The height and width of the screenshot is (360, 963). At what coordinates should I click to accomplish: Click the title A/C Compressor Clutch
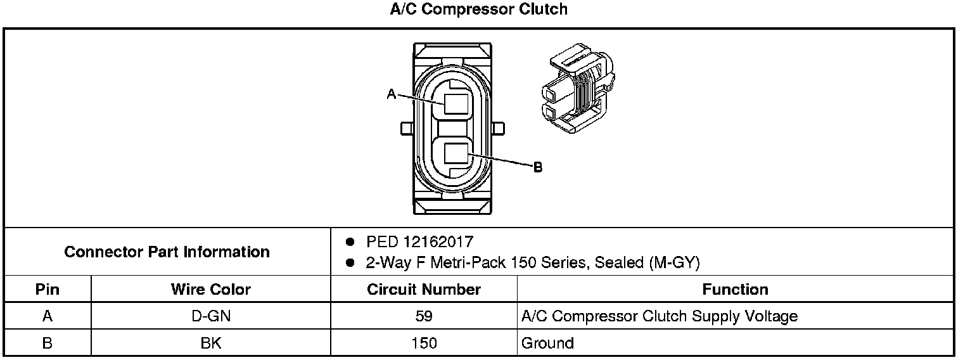478,9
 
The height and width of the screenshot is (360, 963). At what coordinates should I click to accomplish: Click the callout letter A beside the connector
392,94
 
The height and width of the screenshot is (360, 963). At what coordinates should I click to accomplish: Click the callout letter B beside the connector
538,167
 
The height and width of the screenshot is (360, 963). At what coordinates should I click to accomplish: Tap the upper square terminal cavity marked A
456,104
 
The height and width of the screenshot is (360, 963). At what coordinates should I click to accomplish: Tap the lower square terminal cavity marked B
456,153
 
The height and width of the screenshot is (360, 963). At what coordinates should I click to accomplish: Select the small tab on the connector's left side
407,129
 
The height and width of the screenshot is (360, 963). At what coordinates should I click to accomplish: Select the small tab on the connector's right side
498,129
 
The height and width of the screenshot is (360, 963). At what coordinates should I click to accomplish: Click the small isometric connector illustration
578,87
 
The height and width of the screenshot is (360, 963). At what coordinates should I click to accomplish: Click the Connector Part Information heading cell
167,252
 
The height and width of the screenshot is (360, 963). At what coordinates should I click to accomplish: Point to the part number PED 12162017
419,241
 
